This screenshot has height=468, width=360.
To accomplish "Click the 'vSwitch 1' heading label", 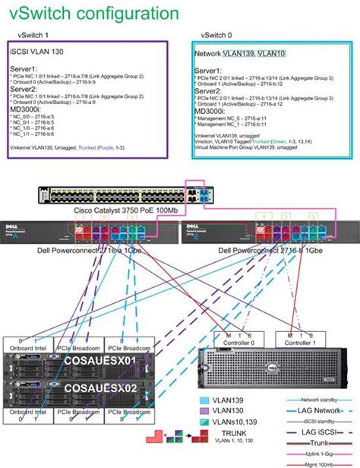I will click(x=33, y=35).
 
